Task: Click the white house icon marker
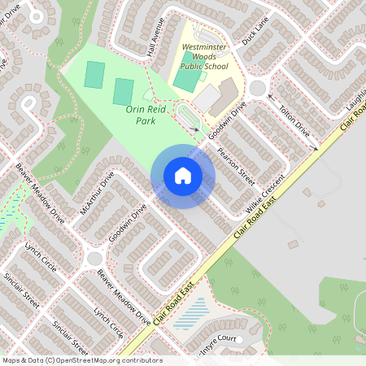[182, 176]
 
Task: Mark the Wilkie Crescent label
[264, 195]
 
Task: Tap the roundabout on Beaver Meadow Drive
[93, 259]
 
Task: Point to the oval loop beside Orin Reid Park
[186, 117]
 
